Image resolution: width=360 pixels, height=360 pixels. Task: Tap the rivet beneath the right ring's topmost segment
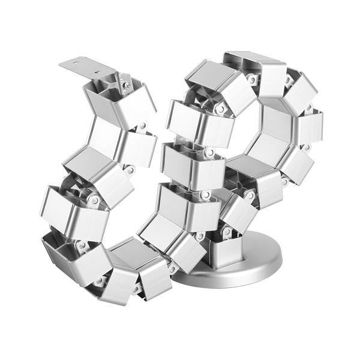[x=253, y=80]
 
